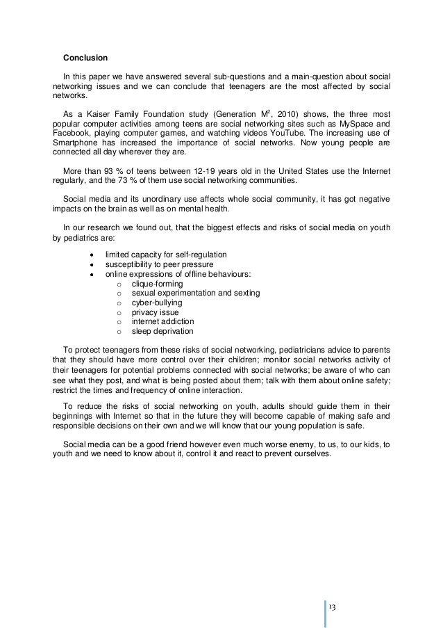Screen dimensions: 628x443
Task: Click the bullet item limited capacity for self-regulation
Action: (x=165, y=255)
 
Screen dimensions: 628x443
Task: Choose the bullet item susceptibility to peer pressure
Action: (x=159, y=264)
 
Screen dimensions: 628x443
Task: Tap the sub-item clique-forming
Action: (x=157, y=284)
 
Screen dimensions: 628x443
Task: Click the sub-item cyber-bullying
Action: (x=157, y=303)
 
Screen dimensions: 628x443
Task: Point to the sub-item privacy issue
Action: (x=155, y=312)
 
